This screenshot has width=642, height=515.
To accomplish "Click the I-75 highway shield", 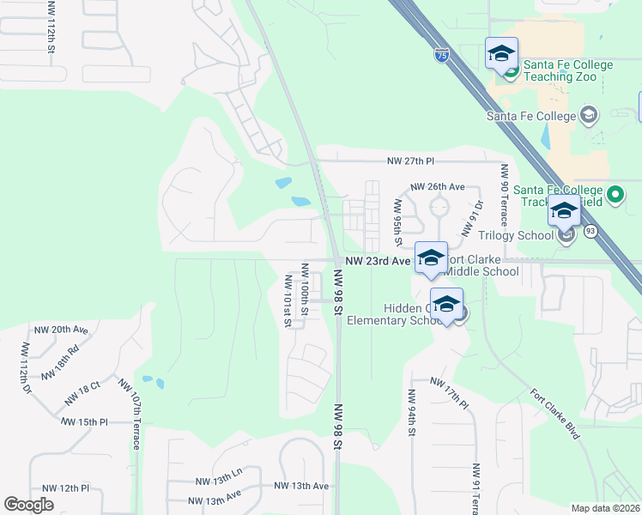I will pos(441,56).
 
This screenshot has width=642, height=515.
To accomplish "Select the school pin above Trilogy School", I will pos(564,210).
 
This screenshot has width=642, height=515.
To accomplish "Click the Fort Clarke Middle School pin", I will pos(431,256).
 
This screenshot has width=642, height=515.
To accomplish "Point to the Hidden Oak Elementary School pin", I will pos(447,305).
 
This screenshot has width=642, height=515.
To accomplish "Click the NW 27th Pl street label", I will pos(411,161).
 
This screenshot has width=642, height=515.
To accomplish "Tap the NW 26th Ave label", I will pos(438,186).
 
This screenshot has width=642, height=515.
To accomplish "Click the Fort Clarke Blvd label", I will pos(554,415).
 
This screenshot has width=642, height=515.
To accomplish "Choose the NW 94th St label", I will pos(411,414).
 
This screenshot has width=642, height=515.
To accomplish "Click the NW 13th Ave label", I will pos(301,486).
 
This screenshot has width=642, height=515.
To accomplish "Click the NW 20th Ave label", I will pos(61,330).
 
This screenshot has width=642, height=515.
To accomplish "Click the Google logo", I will pos(28,504).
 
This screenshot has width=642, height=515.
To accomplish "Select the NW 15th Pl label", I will pos(84,422).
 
